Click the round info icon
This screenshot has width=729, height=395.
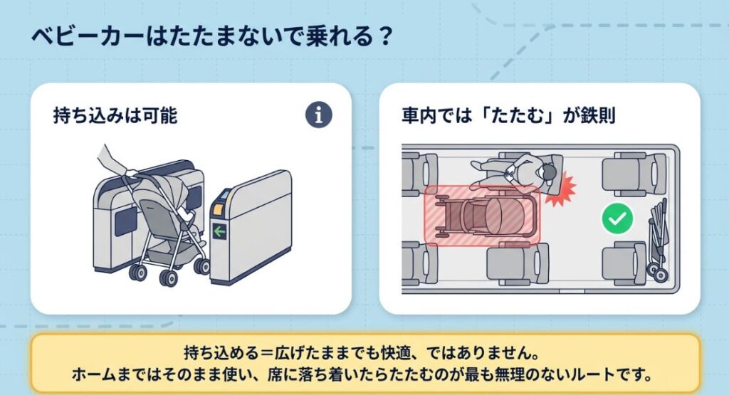pos(320,115)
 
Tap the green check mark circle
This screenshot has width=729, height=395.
pos(617,219)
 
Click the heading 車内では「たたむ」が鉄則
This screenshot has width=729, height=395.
pos(508,115)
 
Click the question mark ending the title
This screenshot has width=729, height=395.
pos(386,36)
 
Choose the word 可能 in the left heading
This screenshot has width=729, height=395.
pos(159,115)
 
